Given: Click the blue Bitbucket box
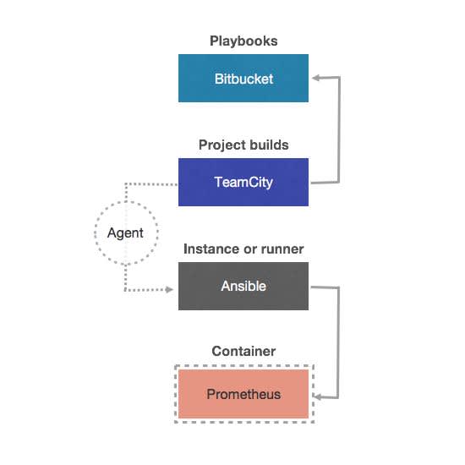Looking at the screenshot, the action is (243, 79).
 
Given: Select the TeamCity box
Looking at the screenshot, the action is (243, 182).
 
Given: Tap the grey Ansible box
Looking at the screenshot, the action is (243, 286).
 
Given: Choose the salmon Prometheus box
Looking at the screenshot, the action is (243, 394).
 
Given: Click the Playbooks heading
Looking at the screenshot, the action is (243, 41).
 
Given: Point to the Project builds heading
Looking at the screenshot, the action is (243, 145).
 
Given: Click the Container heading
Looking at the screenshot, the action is (243, 352).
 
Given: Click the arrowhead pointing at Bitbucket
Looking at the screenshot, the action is (316, 78).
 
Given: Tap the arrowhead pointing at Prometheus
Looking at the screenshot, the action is (317, 397).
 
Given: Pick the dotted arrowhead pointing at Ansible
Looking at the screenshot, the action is (169, 289).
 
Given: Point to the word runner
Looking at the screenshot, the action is (282, 249).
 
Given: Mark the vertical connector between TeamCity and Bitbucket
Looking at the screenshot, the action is (339, 129).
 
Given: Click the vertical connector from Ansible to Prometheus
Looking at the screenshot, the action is (338, 342).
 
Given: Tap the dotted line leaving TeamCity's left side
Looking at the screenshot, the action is (151, 184).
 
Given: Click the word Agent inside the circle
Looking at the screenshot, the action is (125, 233).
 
